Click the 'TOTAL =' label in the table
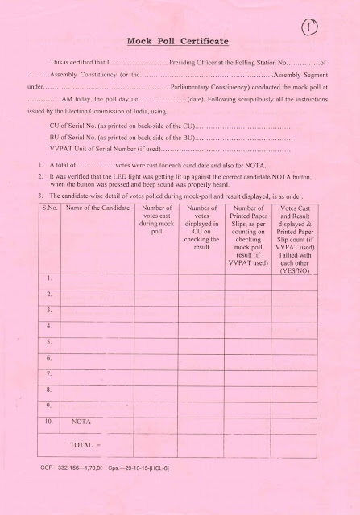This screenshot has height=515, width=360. [x=84, y=443]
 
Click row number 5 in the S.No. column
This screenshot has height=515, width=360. [x=49, y=341]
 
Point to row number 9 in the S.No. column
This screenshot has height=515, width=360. [x=49, y=404]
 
